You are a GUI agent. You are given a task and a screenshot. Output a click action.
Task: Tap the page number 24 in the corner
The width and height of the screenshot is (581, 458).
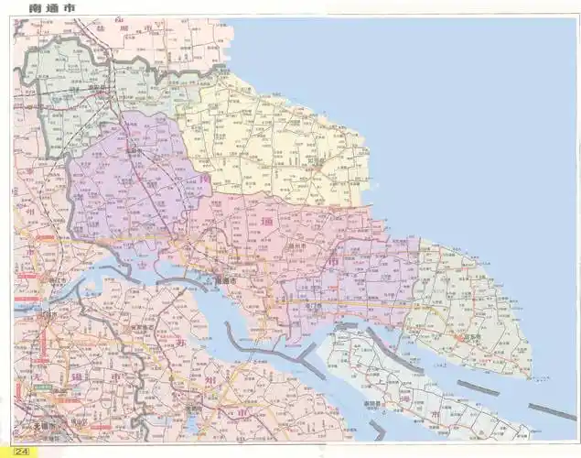click(21, 449)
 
